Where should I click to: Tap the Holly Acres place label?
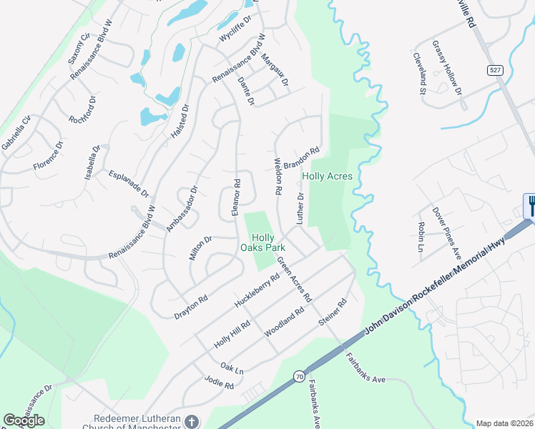coord(327,176)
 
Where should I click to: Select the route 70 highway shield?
coord(298,375)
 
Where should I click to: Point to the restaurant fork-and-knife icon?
coord(531,206)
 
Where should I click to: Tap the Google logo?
coord(24,420)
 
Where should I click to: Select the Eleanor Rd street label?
coord(236,197)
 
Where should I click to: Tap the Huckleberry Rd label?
coord(257,290)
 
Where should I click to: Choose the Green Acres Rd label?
coord(295,278)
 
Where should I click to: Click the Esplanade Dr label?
coord(129,184)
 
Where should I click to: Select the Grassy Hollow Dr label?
coord(447,67)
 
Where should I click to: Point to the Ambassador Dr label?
coord(182,209)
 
